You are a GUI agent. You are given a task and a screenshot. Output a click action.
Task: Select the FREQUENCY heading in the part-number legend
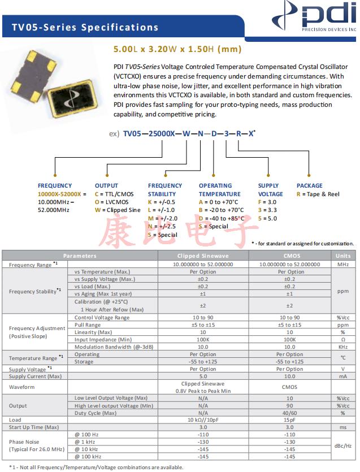tap(55, 185)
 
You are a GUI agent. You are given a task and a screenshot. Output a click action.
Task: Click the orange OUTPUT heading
tap(106, 185)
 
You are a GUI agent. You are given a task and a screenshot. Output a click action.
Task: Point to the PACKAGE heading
tap(309, 185)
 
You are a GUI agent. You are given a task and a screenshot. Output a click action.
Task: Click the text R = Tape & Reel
tap(318, 194)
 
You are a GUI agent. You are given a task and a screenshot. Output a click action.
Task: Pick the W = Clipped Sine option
tap(117, 210)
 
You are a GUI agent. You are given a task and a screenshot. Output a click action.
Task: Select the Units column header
tap(343, 256)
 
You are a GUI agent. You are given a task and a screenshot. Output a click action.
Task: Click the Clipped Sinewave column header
tap(204, 256)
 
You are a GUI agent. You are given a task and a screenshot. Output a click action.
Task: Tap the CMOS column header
tap(290, 256)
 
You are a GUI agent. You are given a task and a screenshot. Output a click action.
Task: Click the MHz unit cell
tap(343, 264)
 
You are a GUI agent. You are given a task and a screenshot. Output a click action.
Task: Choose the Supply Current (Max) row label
tap(35, 376)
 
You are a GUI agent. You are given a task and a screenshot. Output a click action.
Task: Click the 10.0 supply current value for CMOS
tap(290, 376)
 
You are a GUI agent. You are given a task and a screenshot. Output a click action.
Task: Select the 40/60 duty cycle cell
tap(290, 413)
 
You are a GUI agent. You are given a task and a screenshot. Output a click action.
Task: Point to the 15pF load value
tap(290, 420)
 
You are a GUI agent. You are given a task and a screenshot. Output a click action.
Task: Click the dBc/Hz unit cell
tap(343, 445)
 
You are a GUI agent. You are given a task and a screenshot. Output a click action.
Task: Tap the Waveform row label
tap(22, 387)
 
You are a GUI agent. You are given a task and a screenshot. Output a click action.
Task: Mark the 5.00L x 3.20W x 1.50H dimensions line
tap(170, 49)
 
